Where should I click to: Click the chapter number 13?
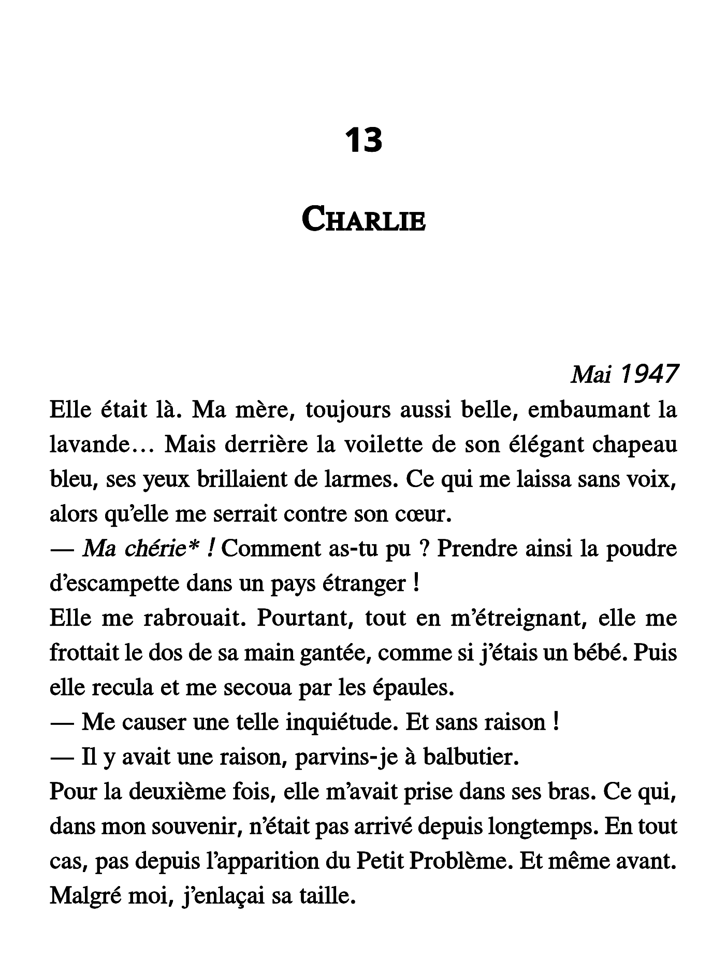[x=363, y=140]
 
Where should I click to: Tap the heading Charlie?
[x=363, y=220]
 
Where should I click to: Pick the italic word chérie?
[x=148, y=549]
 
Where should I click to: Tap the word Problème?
[x=458, y=862]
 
